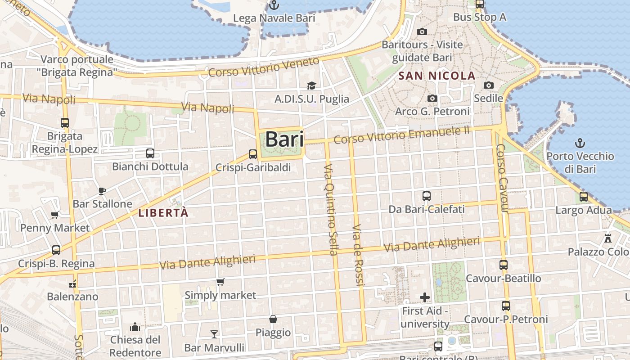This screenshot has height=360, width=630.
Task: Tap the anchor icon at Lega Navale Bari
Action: tap(274, 5)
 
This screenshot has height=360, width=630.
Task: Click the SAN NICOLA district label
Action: tap(437, 76)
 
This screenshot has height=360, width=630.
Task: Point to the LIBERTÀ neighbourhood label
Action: tap(163, 213)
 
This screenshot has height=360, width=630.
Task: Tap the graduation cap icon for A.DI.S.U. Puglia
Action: tap(311, 85)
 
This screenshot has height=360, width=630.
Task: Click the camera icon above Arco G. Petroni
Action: tap(432, 98)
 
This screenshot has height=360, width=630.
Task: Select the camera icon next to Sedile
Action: tap(489, 85)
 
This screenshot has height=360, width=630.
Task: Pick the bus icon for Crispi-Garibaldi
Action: tap(253, 154)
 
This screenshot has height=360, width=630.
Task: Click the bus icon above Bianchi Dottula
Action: tap(150, 153)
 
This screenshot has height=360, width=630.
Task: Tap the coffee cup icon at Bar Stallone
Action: tap(102, 191)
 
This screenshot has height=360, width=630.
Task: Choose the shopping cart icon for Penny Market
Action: tap(55, 215)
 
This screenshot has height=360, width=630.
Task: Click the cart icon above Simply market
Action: tap(220, 282)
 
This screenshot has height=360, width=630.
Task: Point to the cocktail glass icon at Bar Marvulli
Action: tap(214, 334)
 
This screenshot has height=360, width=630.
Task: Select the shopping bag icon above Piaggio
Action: tap(273, 319)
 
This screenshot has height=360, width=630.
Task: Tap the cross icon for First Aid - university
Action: tap(425, 297)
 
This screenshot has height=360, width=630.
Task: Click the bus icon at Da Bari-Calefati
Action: tap(427, 196)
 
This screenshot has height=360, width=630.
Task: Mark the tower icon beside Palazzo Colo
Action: tap(608, 238)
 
